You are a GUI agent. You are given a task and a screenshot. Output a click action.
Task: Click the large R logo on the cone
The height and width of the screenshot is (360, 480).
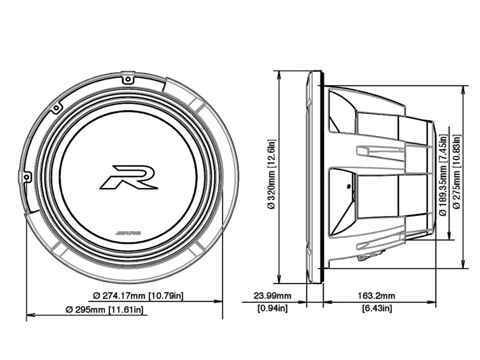129,177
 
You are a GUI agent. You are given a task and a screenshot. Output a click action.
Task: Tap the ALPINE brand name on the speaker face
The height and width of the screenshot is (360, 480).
129,232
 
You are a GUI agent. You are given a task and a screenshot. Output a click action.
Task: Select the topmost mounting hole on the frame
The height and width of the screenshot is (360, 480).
127,80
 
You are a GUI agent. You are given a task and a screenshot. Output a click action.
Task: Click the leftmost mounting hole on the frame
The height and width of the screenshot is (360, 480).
27,177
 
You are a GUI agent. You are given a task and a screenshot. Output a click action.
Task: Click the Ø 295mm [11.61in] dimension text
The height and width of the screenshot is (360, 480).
105,310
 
